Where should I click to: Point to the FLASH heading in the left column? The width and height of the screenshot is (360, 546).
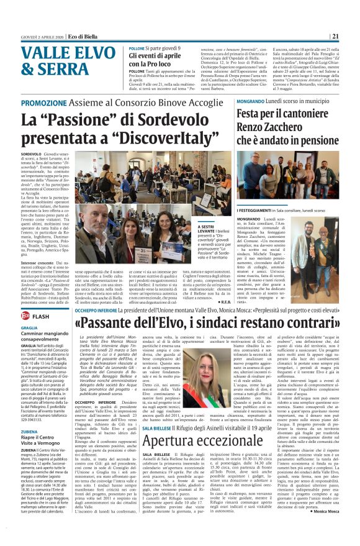41,316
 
